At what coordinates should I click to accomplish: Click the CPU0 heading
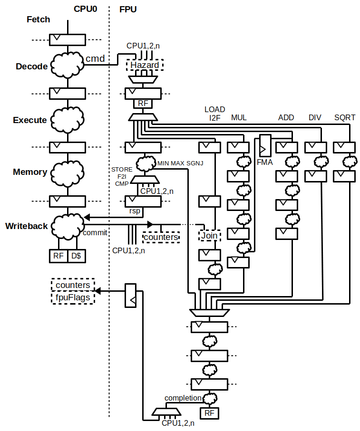click(x=86, y=9)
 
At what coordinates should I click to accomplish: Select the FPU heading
click(x=127, y=9)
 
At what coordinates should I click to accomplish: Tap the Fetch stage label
click(x=38, y=20)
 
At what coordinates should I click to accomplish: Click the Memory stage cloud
click(x=68, y=172)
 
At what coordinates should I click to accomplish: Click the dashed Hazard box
click(x=145, y=65)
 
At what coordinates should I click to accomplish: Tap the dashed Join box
click(x=209, y=235)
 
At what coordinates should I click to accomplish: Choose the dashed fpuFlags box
click(x=72, y=297)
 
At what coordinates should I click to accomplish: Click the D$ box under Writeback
click(x=76, y=256)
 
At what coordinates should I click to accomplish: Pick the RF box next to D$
click(x=58, y=256)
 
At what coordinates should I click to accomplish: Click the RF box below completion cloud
click(x=209, y=413)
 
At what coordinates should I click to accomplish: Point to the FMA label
click(x=265, y=162)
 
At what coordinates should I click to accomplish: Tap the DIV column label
click(x=315, y=117)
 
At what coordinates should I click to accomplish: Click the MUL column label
click(x=239, y=117)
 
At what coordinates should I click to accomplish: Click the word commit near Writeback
click(x=95, y=233)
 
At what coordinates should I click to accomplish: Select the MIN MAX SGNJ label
click(x=180, y=163)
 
